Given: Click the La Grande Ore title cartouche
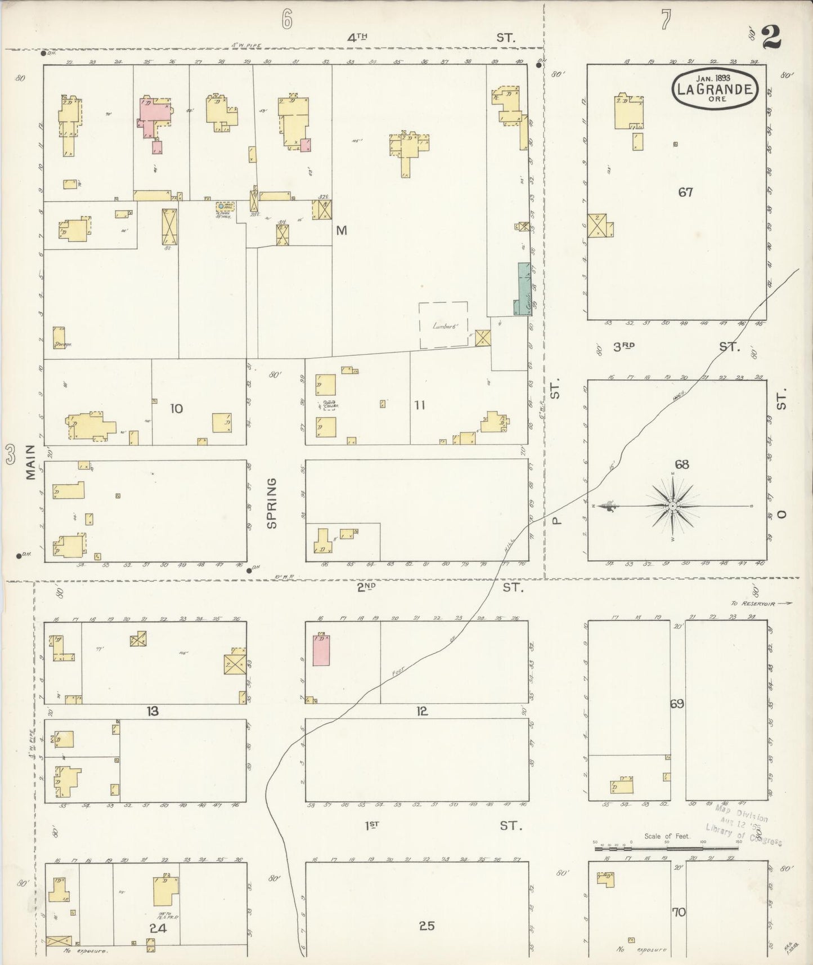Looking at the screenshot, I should click(715, 88).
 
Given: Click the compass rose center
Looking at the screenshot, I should click(672, 506).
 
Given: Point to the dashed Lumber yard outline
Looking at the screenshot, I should click(443, 325).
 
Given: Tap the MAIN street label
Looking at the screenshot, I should click(30, 462).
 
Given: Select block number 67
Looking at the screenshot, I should click(685, 193).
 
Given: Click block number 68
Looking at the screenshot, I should click(682, 464).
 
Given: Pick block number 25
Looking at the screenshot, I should click(426, 926).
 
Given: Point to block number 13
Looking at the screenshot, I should click(152, 712).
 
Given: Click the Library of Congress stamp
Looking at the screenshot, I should click(743, 826).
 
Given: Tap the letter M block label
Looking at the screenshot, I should click(342, 230).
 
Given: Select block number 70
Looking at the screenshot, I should click(679, 912).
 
